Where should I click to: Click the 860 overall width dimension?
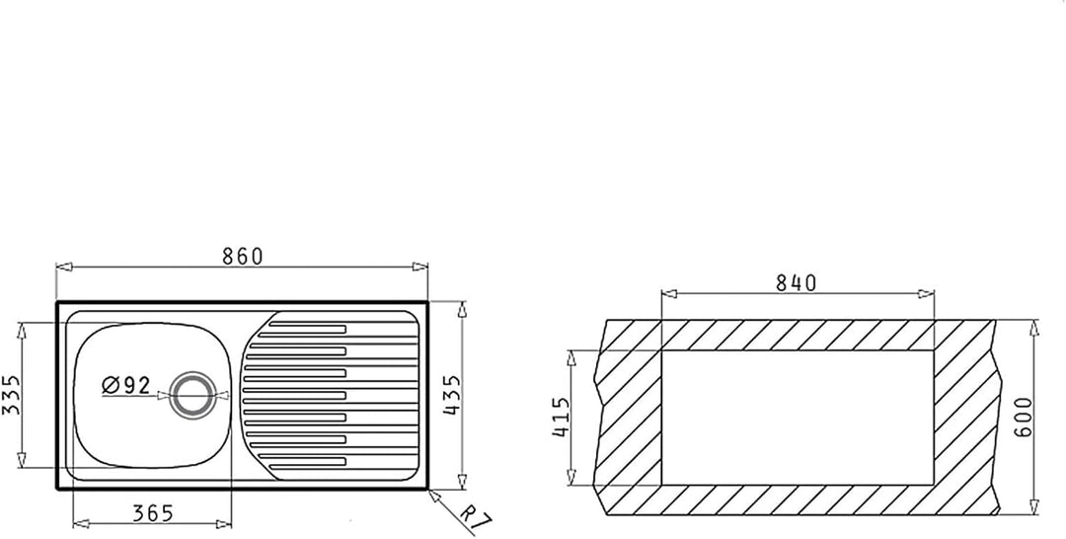242,257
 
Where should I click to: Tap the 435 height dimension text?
452,396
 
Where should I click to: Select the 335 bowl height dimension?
11,394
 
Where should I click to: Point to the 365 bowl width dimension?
153,514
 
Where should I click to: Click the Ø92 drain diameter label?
126,385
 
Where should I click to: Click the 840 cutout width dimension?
797,282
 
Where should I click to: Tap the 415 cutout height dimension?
561,418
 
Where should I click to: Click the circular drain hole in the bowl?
193,395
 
